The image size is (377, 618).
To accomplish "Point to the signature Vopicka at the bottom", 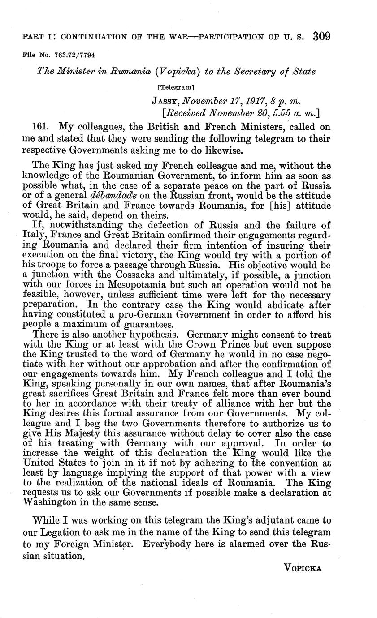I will click(x=303, y=568).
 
